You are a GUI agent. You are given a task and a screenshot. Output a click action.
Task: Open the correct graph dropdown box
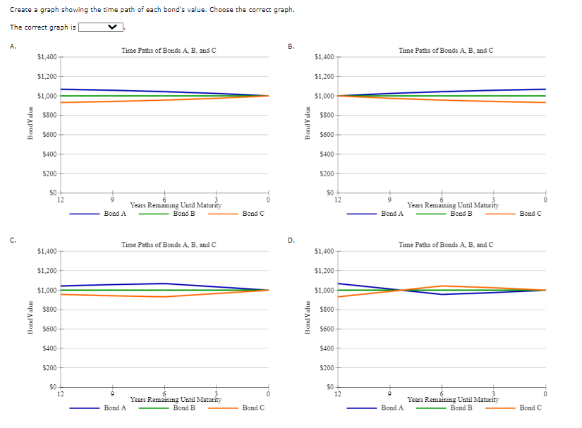(x=101, y=27)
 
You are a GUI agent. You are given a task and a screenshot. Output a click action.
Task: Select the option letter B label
(x=290, y=47)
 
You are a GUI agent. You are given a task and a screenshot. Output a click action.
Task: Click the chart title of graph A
(x=169, y=50)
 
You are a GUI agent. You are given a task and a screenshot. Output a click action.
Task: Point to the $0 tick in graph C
(x=52, y=387)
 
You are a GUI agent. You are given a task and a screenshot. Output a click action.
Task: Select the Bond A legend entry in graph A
(x=114, y=213)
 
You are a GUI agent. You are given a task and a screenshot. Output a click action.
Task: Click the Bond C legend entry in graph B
(x=531, y=213)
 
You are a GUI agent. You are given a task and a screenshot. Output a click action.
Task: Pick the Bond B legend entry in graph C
(x=183, y=408)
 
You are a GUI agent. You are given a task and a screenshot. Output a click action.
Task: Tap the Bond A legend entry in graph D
(x=392, y=408)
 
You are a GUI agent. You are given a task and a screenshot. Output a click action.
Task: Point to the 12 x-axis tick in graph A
(x=61, y=200)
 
